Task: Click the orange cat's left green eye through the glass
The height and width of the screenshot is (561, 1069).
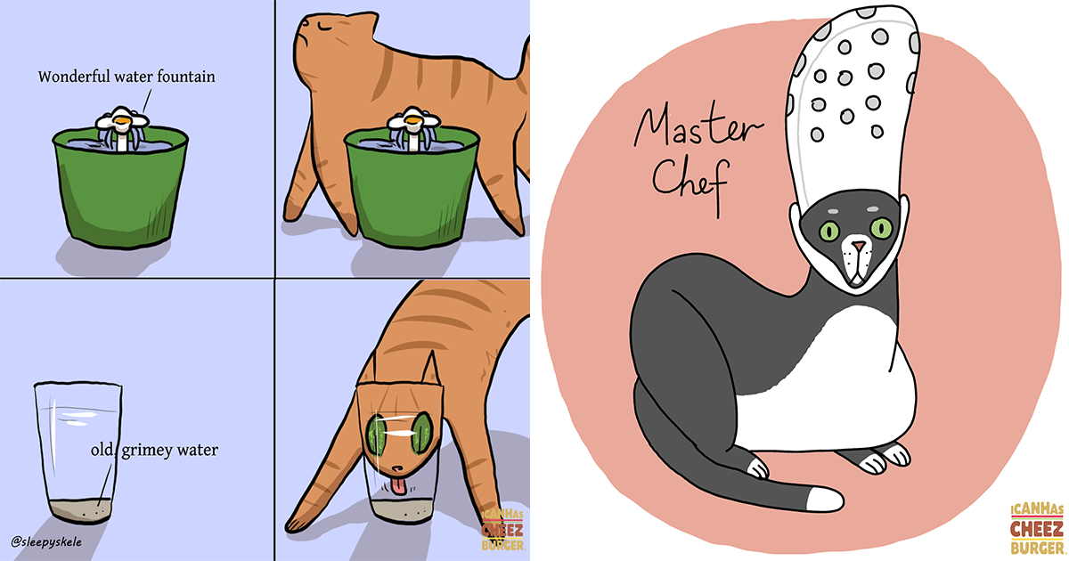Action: click(374, 437)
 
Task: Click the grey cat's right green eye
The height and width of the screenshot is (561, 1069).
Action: click(882, 228)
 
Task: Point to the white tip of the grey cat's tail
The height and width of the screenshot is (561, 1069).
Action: click(823, 499)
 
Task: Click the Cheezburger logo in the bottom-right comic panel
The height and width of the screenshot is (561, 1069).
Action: click(502, 531)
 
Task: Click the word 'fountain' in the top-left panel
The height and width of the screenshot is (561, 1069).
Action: click(184, 77)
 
